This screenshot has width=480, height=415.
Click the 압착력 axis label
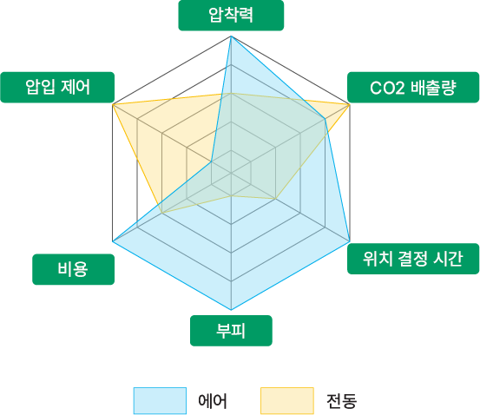click(231, 16)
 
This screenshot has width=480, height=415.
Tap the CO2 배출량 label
click(413, 88)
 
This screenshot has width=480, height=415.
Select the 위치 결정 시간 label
click(413, 259)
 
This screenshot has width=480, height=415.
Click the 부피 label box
click(231, 331)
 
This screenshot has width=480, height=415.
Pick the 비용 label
click(74, 269)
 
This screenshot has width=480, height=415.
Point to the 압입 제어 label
click(57, 88)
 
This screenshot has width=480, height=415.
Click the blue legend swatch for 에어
click(160, 400)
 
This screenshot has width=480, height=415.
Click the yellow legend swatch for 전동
click(287, 400)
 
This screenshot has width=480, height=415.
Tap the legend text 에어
click(213, 400)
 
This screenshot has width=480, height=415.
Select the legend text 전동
click(341, 400)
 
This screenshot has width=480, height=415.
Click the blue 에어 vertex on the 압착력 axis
click(231, 36)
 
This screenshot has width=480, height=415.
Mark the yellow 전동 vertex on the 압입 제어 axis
click(113, 105)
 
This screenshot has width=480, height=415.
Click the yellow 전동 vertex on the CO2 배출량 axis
click(350, 105)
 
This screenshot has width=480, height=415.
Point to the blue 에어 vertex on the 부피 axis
click(231, 310)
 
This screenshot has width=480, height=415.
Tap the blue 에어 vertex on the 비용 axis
click(113, 241)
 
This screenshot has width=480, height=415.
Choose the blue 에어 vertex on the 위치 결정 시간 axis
click(350, 241)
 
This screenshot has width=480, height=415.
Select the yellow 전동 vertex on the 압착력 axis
click(231, 93)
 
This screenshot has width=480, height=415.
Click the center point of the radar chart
click(231, 173)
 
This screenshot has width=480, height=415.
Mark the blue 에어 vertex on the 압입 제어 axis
click(211, 161)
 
